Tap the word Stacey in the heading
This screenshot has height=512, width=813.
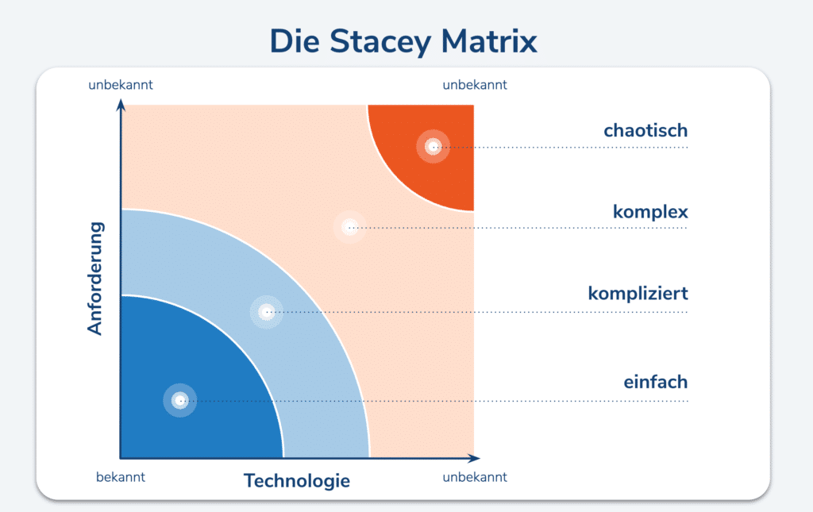(386, 40)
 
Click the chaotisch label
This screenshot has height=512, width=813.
(645, 130)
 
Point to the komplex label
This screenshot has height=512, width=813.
(649, 212)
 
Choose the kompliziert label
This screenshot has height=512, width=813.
(638, 294)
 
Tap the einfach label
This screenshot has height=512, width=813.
(655, 382)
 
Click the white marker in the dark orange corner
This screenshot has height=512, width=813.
(433, 146)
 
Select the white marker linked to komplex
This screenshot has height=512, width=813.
(349, 227)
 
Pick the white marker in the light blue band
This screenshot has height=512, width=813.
(267, 312)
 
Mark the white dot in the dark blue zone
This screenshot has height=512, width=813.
(180, 400)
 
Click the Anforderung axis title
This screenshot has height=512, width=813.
(95, 278)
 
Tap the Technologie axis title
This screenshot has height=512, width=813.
(296, 480)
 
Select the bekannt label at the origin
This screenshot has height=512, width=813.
(121, 477)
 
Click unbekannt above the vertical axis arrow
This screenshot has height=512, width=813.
(121, 84)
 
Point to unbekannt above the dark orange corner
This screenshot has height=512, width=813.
(474, 85)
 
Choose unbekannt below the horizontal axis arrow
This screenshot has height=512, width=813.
(474, 477)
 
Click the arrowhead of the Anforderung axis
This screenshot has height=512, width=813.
(121, 103)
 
